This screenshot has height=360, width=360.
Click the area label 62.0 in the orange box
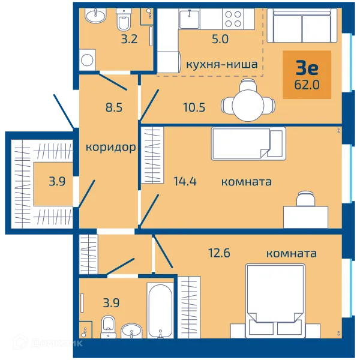pos(307,85)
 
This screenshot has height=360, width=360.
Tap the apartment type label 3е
pos(307,68)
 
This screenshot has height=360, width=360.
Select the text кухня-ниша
pos(221,64)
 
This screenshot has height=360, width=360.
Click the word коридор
pos(110,148)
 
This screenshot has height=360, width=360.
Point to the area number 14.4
pos(185,181)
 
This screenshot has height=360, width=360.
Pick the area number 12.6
pos(219,253)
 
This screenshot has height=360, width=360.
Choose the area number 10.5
pos(194,107)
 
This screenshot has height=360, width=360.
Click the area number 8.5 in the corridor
pos(114,107)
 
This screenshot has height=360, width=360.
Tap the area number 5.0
pos(220,39)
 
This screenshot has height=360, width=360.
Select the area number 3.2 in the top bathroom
pos(129,39)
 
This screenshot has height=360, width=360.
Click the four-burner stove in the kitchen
pos(233,19)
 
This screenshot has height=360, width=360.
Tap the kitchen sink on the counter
pos(190,19)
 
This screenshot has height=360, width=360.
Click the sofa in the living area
pos(302,25)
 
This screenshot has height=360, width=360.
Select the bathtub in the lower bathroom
pos(160,310)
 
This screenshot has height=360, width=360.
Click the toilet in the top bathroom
pos(124,20)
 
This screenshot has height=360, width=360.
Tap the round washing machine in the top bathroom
pos(87,60)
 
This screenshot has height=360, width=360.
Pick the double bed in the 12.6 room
pos(275,301)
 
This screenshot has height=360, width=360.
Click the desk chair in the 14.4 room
pos(305,199)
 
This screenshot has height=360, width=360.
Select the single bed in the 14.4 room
pos(248,143)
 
